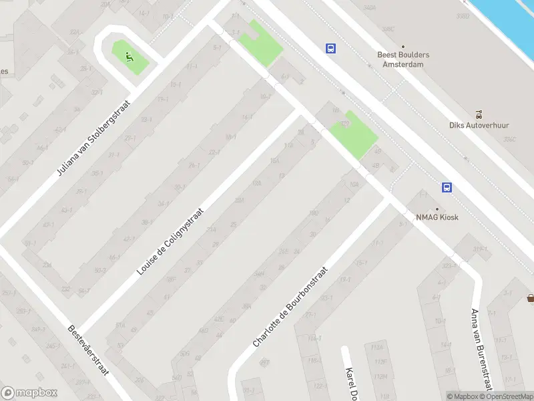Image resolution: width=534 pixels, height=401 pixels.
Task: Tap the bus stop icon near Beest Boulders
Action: pyautogui.click(x=330, y=48)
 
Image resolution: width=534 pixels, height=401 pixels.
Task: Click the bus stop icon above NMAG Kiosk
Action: pyautogui.click(x=447, y=188)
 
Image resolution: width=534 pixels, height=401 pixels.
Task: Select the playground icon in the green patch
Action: pyautogui.click(x=129, y=56)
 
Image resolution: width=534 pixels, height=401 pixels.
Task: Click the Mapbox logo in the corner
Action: pyautogui.click(x=29, y=393)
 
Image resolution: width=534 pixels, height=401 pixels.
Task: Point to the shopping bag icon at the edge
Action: pyautogui.click(x=530, y=298)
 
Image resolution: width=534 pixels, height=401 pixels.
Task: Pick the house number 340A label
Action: pyautogui.click(x=369, y=8)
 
